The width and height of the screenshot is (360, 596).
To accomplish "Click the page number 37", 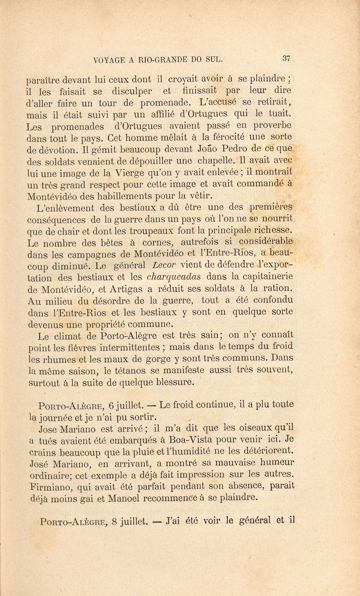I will coord(286,58).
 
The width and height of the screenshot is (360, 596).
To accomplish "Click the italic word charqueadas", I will coord(169,277).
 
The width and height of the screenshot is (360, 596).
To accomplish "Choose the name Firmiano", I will coord(47,486).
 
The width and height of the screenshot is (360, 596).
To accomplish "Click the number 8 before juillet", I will coord(114,521).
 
